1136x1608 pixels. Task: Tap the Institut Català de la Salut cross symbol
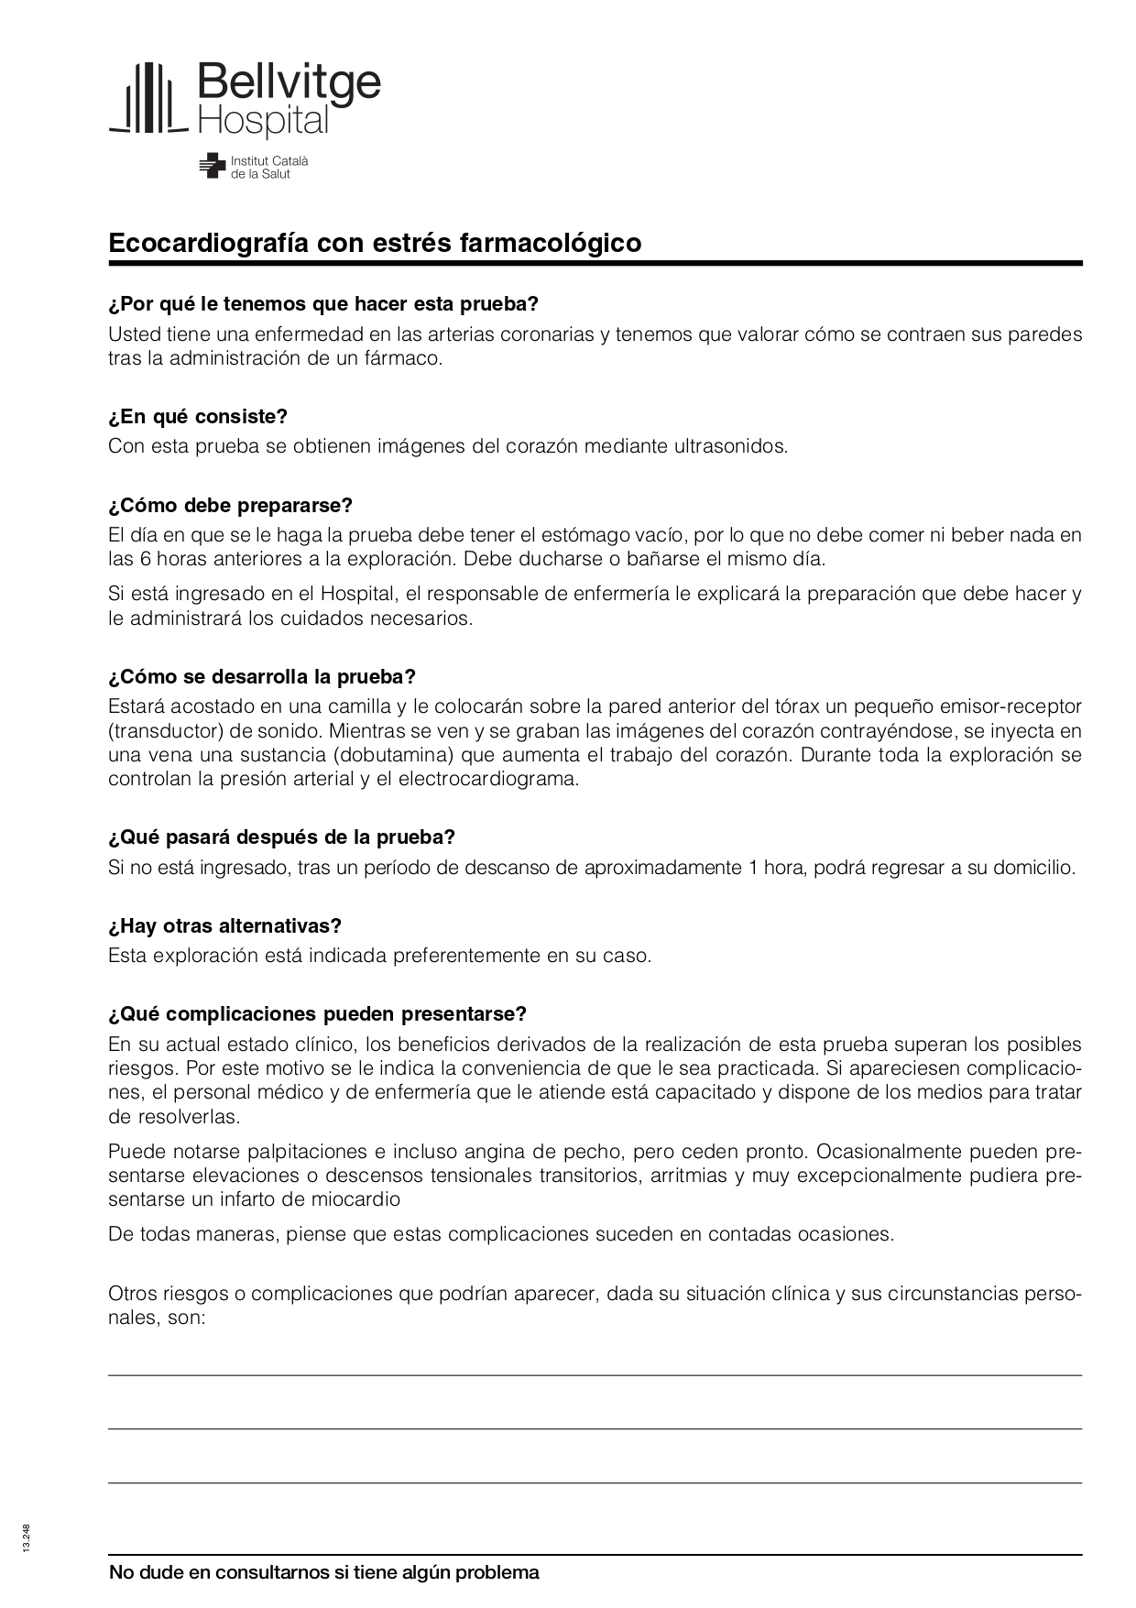(212, 166)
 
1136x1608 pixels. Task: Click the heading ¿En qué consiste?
(198, 417)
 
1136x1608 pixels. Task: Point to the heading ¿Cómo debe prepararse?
(230, 506)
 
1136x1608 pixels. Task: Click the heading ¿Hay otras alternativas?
(224, 926)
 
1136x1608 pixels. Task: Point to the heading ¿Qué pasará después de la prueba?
(281, 837)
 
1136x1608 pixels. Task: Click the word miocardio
(354, 1199)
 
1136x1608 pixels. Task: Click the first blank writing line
(595, 1374)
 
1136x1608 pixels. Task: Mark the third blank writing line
(595, 1482)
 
